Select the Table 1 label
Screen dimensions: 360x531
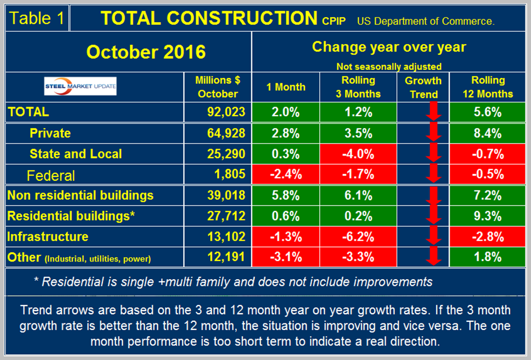point(37,18)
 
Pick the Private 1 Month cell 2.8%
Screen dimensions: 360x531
point(285,133)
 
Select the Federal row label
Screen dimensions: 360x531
point(52,175)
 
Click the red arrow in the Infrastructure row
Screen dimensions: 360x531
point(432,237)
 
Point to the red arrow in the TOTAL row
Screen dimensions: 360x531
point(432,113)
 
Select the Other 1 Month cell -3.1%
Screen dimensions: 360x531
point(285,258)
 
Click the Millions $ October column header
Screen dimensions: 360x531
point(217,87)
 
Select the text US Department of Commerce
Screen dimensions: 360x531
point(425,21)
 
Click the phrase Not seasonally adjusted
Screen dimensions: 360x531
point(389,67)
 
